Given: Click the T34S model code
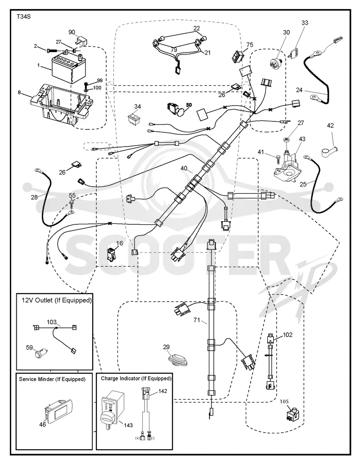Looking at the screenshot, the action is tap(24, 17).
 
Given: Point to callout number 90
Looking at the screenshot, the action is tap(72, 32).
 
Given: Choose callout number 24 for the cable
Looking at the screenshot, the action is tap(299, 89).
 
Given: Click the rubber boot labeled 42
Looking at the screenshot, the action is tap(329, 150).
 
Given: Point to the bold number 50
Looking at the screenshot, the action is tap(189, 105).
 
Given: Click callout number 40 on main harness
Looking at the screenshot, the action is tap(184, 168).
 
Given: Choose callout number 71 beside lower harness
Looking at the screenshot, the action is tap(197, 320).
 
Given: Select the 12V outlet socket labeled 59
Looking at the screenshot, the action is tap(39, 354).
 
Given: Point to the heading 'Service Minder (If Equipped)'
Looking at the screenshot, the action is tap(52, 379).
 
